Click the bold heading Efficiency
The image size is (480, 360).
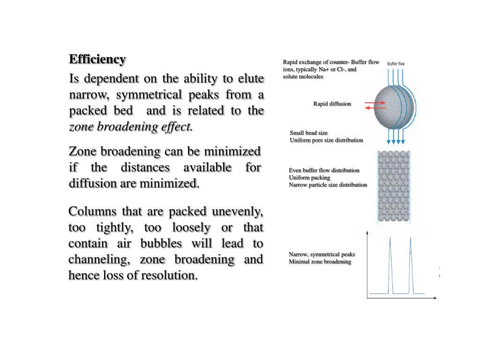point(97,60)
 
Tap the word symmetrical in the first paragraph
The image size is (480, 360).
point(150,95)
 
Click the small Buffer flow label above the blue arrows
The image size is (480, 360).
point(396,63)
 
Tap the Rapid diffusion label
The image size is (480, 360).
point(332,104)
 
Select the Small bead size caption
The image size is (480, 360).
point(308,133)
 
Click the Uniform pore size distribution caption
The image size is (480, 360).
point(326,140)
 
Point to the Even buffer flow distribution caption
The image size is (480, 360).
point(324,171)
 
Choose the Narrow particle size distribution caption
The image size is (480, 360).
point(328,185)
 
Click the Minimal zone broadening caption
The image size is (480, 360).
point(320,262)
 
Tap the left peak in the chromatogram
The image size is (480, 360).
point(390,262)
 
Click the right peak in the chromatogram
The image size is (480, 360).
point(411,262)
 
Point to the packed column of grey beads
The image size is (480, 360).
point(394,186)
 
